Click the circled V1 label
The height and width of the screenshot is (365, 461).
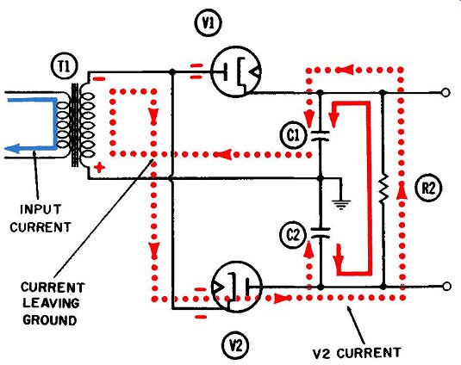pos(209,23)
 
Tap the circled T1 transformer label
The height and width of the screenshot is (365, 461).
pos(65,66)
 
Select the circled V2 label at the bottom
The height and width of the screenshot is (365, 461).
pos(235,345)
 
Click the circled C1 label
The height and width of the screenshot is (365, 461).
pos(293,136)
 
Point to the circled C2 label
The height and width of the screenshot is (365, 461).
pos(293,235)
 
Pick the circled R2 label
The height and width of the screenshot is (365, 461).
pos(428,189)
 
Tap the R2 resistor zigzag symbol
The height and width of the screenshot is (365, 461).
pos(383,189)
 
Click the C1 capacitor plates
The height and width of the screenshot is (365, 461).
pos(321,136)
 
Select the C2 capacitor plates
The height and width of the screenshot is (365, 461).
pos(321,232)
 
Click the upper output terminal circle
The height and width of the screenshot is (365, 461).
pos(445,93)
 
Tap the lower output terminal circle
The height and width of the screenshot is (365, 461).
pos(446,286)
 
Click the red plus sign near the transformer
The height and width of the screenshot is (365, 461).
pos(99,168)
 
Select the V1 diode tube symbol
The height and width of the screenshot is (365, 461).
pos(236,72)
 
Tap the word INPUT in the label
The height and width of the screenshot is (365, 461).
pos(40,209)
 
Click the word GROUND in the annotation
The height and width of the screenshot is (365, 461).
pos(50,319)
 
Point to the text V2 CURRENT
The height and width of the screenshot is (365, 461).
pos(357,353)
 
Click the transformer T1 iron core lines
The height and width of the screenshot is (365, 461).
pos(75,125)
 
